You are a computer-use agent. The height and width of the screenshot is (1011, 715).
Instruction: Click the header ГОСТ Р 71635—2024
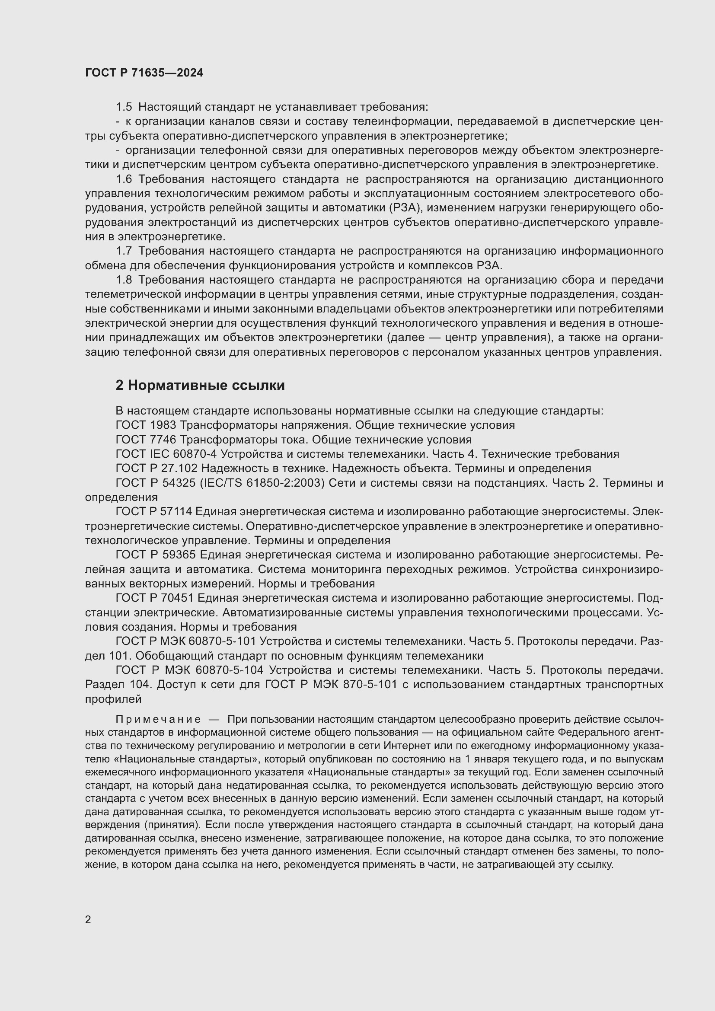pyautogui.click(x=144, y=73)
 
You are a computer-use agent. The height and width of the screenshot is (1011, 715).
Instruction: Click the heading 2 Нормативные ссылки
pyautogui.click(x=200, y=385)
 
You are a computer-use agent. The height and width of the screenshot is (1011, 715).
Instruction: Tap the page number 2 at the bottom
pyautogui.click(x=88, y=919)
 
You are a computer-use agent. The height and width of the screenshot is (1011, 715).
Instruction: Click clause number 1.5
pyautogui.click(x=124, y=107)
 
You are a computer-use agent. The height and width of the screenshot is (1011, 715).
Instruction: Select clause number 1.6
pyautogui.click(x=124, y=179)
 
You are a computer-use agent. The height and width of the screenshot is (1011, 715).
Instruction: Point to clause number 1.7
pyautogui.click(x=124, y=251)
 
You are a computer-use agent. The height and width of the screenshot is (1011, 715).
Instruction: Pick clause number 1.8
pyautogui.click(x=124, y=280)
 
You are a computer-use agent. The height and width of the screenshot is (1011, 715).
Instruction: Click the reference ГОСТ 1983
pyautogui.click(x=146, y=425)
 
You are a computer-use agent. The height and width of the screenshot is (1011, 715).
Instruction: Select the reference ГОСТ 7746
pyautogui.click(x=146, y=440)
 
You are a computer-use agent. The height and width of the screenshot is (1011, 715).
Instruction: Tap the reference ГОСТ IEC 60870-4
pyautogui.click(x=166, y=454)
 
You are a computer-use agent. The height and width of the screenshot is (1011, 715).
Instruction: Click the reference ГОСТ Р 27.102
pyautogui.click(x=156, y=468)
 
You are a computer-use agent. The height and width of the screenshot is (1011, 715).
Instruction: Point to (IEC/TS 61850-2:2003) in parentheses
pyautogui.click(x=262, y=483)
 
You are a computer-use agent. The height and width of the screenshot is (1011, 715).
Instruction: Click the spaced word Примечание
pyautogui.click(x=158, y=720)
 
